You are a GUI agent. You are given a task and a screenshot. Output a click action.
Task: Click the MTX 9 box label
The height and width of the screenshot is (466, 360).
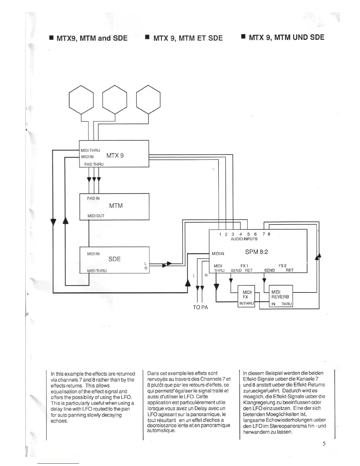[115, 155]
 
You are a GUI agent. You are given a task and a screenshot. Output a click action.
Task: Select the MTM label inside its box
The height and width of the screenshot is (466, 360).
[116, 206]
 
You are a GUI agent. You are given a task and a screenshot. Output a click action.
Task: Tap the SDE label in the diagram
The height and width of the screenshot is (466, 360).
[114, 259]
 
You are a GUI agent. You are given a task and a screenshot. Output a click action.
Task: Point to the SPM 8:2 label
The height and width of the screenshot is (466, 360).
[256, 252]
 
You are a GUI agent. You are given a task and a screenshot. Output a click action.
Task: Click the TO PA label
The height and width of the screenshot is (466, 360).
[200, 307]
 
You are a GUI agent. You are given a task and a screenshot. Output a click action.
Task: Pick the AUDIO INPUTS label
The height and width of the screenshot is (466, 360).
[244, 239]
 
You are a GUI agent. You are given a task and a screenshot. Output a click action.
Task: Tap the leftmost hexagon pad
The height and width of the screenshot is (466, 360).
[81, 99]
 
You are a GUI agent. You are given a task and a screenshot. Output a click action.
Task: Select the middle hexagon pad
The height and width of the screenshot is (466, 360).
[115, 99]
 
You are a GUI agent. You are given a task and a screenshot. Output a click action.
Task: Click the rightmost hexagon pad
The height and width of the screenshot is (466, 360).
[149, 99]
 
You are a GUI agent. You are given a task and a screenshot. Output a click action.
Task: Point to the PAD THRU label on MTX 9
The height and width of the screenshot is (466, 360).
[94, 164]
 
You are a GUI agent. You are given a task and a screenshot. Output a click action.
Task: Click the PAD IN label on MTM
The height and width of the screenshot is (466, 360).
[93, 198]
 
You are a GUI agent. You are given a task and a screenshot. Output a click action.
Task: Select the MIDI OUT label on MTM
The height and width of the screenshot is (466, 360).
[96, 216]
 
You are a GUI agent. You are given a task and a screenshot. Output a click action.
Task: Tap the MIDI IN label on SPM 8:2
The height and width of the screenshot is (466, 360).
[218, 254]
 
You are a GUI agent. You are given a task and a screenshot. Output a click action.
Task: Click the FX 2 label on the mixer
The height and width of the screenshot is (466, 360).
[282, 266]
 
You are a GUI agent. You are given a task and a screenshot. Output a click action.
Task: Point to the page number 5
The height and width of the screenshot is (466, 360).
[324, 444]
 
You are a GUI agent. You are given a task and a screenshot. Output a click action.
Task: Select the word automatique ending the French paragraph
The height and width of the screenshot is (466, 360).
[161, 431]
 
